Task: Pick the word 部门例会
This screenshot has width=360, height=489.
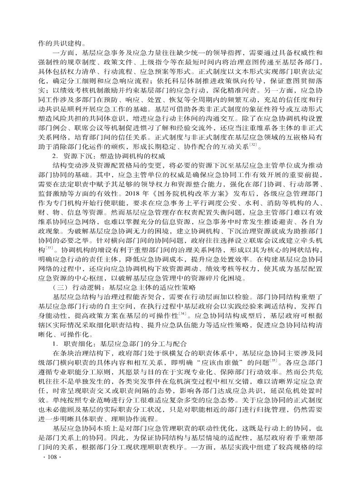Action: coord(52,125)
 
